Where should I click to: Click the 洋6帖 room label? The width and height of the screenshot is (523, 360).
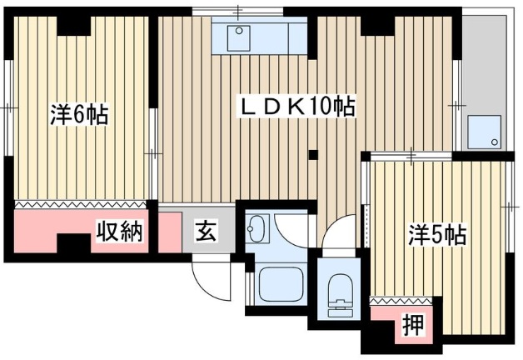click(x=78, y=116)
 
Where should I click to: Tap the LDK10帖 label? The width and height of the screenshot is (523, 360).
click(x=298, y=107)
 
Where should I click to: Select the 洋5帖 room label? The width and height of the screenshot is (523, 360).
click(x=436, y=235)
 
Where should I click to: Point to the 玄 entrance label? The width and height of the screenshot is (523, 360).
click(x=205, y=231)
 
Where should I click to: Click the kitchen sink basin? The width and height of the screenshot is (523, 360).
click(x=241, y=36)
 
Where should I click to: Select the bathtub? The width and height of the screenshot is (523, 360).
click(x=283, y=285)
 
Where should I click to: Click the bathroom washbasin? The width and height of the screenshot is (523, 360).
click(x=257, y=227)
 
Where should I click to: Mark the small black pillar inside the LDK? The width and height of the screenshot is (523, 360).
click(x=313, y=153)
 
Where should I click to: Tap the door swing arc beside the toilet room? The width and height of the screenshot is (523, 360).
click(x=340, y=235)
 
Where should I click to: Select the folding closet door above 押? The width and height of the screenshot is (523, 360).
click(x=403, y=299)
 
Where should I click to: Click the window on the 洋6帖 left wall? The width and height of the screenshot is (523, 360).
click(x=7, y=108)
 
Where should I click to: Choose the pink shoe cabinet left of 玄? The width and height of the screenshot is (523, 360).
click(x=169, y=231)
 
